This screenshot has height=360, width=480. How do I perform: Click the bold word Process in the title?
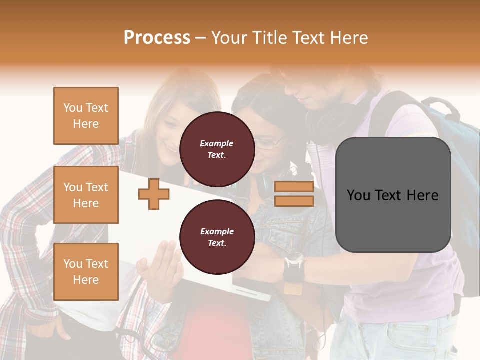(x=157, y=38)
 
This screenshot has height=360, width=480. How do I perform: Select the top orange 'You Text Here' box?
(x=86, y=116)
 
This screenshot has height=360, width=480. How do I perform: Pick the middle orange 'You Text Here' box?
(x=86, y=195)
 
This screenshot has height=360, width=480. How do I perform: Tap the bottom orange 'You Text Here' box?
(x=86, y=272)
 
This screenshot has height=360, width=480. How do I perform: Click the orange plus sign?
(x=153, y=194)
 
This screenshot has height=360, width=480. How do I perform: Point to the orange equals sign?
(x=294, y=194)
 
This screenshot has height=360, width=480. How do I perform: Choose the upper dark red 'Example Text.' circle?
(x=217, y=149)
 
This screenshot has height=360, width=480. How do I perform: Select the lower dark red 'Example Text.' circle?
(x=217, y=237)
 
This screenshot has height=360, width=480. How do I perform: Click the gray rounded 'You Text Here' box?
(x=393, y=195)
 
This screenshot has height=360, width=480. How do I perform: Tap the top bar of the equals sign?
(x=294, y=187)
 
